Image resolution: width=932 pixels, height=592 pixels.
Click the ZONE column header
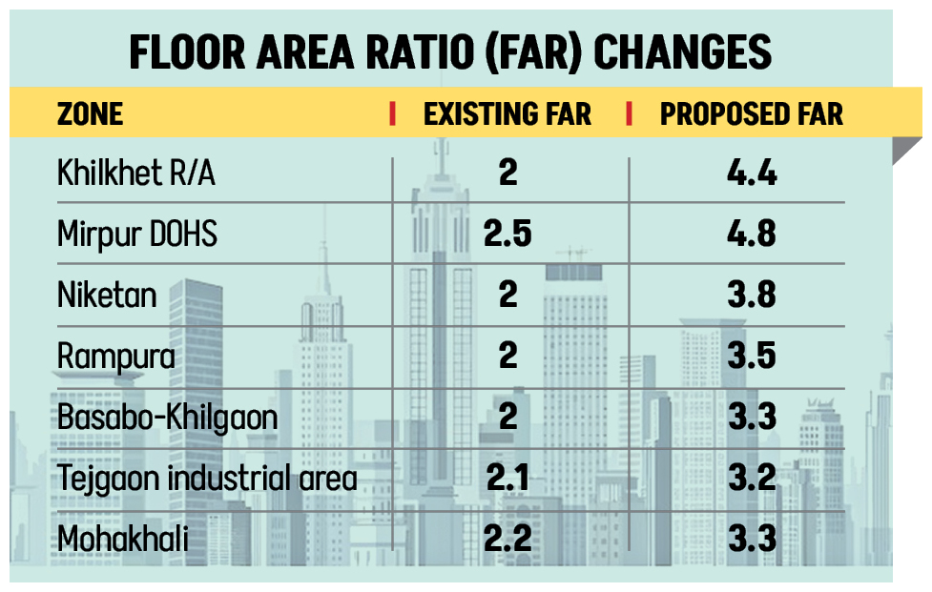point(91,114)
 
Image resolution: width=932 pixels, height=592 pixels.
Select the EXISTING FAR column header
point(507,114)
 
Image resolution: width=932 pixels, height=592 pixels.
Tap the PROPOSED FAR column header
point(752,114)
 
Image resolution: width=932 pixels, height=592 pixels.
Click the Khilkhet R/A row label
point(136,174)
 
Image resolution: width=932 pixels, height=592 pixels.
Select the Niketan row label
point(107,296)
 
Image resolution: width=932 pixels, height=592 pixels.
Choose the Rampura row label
point(116,357)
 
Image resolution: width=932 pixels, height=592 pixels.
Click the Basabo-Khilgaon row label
point(168,418)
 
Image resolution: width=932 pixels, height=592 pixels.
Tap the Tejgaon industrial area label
point(207,478)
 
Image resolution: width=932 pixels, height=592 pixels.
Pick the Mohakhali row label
point(122,539)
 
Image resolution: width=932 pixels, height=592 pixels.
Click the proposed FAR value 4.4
point(751,174)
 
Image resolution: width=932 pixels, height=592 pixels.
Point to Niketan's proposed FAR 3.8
point(751,296)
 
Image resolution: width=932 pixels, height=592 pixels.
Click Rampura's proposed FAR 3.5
point(751,357)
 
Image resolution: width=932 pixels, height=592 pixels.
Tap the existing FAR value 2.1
point(507,478)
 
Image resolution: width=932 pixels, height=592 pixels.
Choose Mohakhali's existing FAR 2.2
point(507,539)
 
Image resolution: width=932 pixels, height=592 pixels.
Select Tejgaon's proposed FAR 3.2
point(751,478)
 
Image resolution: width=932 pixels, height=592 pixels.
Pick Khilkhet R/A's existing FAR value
point(507,174)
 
